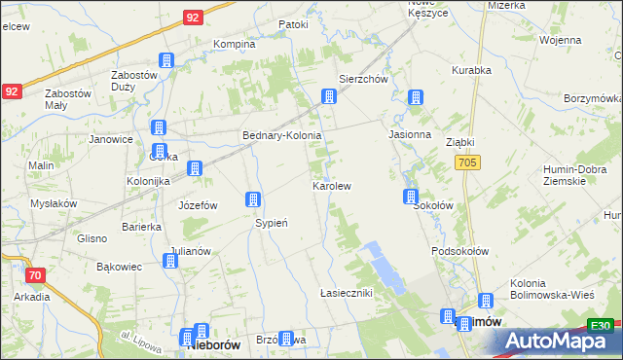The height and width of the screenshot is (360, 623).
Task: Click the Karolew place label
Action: click(x=331, y=185)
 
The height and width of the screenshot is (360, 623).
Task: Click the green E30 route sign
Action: click(x=601, y=326)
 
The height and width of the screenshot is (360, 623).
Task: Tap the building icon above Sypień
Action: click(x=253, y=199)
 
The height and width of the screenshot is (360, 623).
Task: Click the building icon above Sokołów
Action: click(x=412, y=198)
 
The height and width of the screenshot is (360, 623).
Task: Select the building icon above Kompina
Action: click(x=166, y=60)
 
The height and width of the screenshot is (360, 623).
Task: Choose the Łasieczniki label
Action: click(x=346, y=292)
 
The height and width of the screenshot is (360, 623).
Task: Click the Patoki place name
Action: click(x=293, y=24)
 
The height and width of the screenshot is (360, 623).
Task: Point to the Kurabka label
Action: click(x=471, y=70)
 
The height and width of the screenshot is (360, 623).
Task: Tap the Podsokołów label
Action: click(x=458, y=251)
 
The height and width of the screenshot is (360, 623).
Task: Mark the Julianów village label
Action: click(x=189, y=250)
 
